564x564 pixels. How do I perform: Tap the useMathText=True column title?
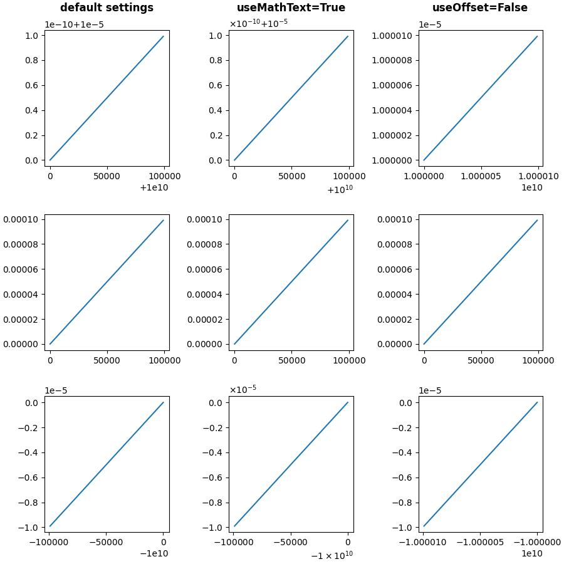[x=291, y=8]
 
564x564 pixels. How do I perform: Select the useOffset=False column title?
[x=479, y=8]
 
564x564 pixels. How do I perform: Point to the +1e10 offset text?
[x=154, y=187]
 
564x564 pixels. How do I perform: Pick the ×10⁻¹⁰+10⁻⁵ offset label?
[x=258, y=24]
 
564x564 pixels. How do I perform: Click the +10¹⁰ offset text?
[x=340, y=189]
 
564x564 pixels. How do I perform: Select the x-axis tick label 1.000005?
[x=481, y=176]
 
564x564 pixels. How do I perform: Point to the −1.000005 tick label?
[x=481, y=542]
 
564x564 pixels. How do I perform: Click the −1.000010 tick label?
[x=423, y=542]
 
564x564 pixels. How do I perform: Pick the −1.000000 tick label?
[x=538, y=542]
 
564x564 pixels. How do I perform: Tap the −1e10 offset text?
[x=154, y=553]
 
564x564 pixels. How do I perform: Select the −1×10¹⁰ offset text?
[x=332, y=555]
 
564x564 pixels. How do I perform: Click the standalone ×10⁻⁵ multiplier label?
[x=243, y=389]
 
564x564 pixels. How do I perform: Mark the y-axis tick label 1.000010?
[x=396, y=36]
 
